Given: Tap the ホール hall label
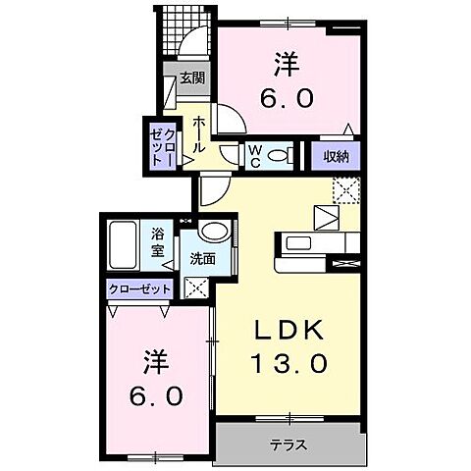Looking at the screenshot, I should pos(199,133).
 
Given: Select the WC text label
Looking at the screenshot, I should pos(253,154).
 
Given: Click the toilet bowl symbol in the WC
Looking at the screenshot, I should pos(278,155).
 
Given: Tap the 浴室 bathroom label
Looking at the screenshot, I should pos(157,241).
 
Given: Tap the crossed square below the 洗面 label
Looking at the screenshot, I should pos(196,288).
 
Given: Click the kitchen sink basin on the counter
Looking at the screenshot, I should pos(298,242).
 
